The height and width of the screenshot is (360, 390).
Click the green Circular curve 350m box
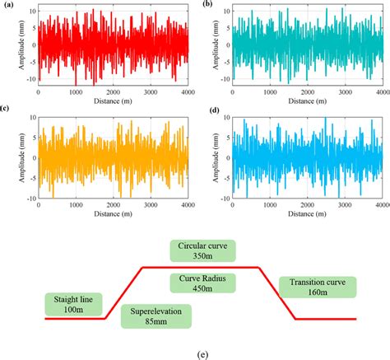[202, 250]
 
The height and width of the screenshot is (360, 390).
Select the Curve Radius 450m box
[202, 283]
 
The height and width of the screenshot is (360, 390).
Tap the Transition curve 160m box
[317, 288]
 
